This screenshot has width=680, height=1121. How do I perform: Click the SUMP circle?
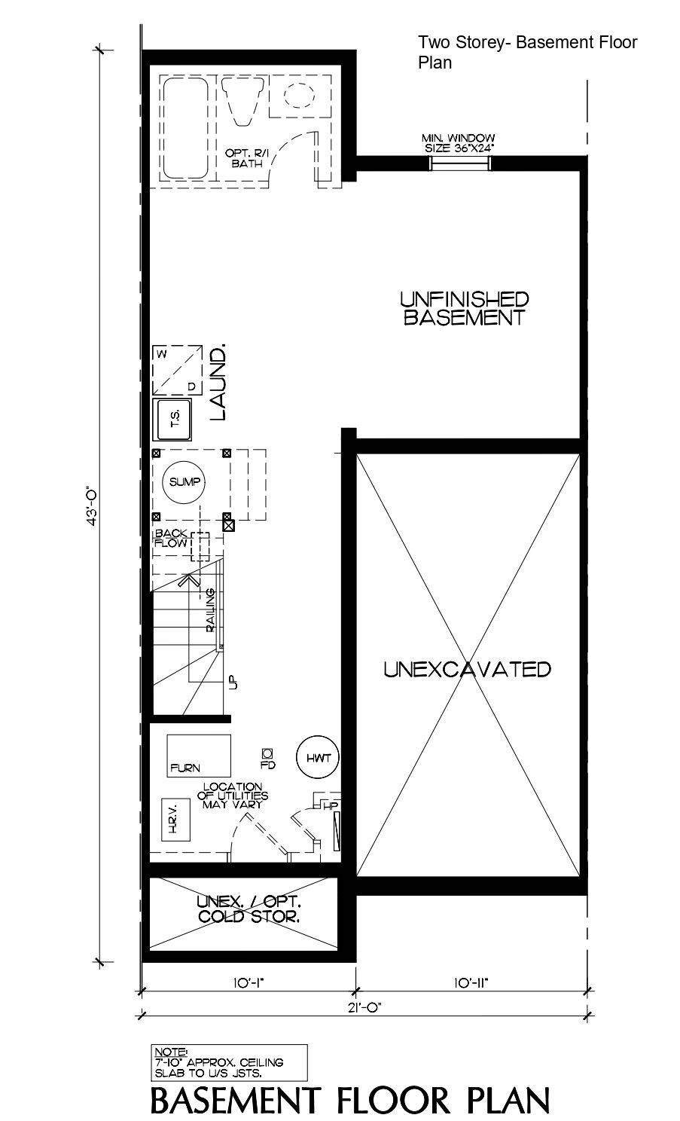click(x=184, y=482)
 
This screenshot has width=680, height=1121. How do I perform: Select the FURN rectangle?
click(x=198, y=756)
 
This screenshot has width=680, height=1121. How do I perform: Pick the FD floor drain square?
click(x=267, y=753)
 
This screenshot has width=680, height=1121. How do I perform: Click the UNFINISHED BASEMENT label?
click(x=464, y=308)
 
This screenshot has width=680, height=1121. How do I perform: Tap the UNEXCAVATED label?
click(x=467, y=669)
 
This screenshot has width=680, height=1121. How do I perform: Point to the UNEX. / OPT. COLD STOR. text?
click(x=249, y=909)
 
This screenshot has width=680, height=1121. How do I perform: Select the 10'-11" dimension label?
click(x=471, y=982)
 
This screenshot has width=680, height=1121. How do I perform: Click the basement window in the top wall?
click(x=459, y=162)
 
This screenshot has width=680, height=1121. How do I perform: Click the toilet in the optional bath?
click(x=243, y=100)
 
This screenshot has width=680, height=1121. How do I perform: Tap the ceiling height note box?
click(x=230, y=1062)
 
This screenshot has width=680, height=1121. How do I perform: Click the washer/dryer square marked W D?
click(x=178, y=370)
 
